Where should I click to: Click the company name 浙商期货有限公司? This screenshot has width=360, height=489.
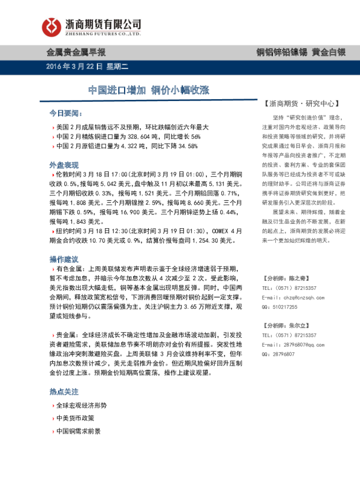pos(102,22)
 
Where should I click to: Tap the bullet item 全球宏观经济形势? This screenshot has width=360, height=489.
pos(81,405)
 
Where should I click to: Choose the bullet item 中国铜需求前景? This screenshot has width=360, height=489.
pos(78,432)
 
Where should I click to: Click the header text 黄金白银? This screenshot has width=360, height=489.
pos(329,52)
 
